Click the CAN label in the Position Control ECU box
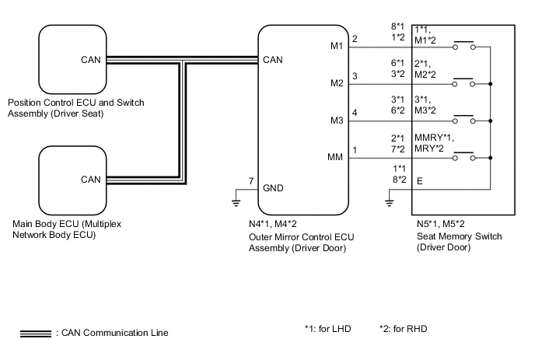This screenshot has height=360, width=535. tap(89, 59)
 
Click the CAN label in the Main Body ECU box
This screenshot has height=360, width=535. tap(89, 180)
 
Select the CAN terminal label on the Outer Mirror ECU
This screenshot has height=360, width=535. tap(273, 59)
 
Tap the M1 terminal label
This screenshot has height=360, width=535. tap(337, 46)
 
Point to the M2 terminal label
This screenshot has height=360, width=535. tap(337, 83)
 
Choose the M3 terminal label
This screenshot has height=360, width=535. tap(337, 121)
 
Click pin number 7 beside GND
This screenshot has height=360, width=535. tap(251, 181)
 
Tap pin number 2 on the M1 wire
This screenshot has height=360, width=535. tap(355, 39)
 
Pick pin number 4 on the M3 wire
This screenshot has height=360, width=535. tap(355, 114)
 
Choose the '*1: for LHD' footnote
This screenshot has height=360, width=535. tap(328, 329)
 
